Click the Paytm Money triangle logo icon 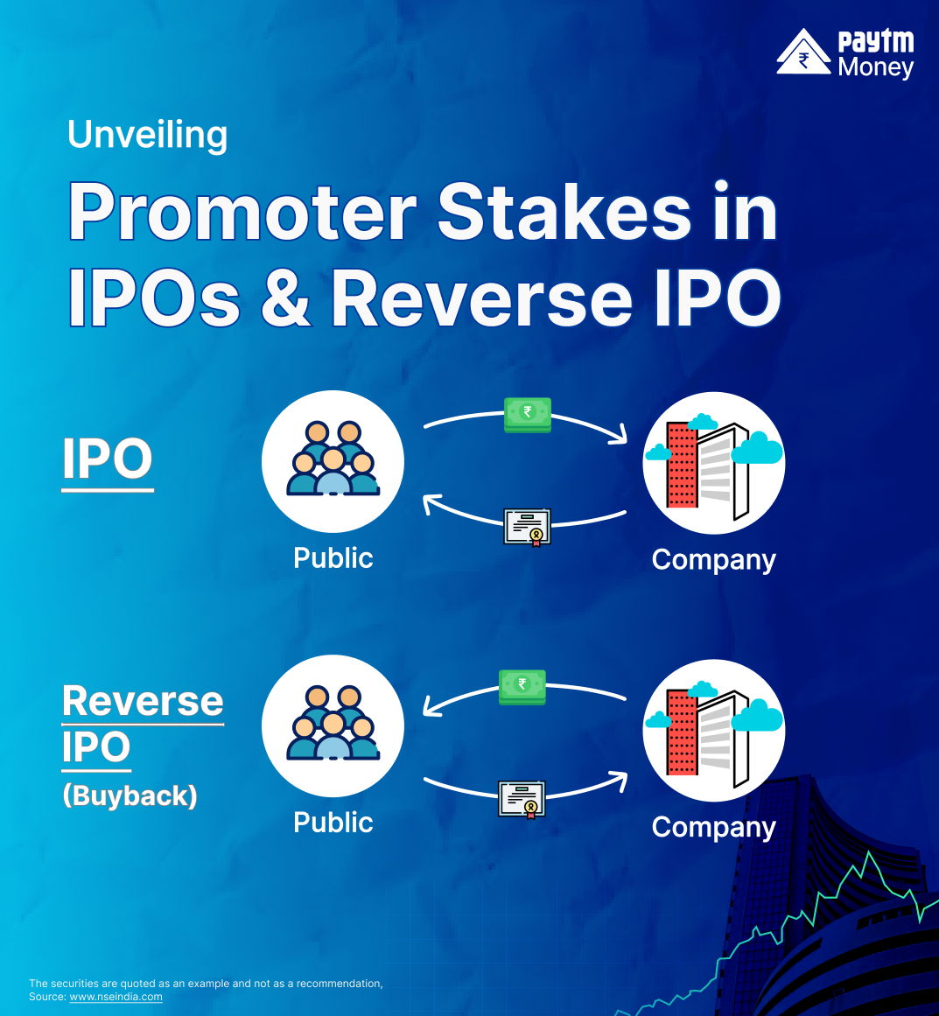pyautogui.click(x=803, y=53)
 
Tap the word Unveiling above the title pyautogui.click(x=147, y=135)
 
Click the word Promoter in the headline pyautogui.click(x=242, y=213)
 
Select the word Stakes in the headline pyautogui.click(x=564, y=213)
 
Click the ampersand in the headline pyautogui.click(x=285, y=298)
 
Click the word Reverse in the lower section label pyautogui.click(x=143, y=701)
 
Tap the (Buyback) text pyautogui.click(x=130, y=795)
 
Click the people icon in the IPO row pyautogui.click(x=333, y=460)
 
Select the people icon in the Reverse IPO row pyautogui.click(x=333, y=725)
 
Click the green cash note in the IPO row pyautogui.click(x=528, y=414)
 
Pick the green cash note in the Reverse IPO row pyautogui.click(x=522, y=686)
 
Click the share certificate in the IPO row pyautogui.click(x=528, y=528)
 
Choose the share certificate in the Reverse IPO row pyautogui.click(x=522, y=799)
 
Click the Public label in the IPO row pyautogui.click(x=333, y=558)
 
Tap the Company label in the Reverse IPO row pyautogui.click(x=713, y=827)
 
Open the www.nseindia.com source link pyautogui.click(x=116, y=997)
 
